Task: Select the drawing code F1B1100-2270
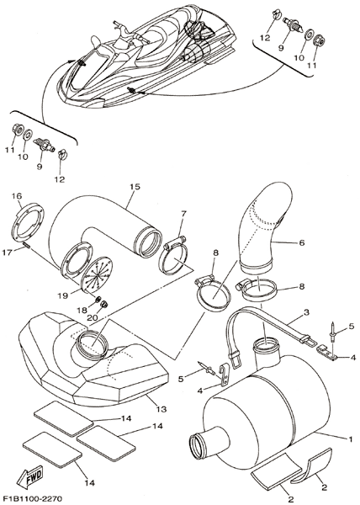click(x=31, y=498)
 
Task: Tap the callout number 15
click(x=135, y=187)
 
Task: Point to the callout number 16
click(x=17, y=196)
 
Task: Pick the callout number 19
click(x=62, y=295)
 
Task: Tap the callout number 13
click(x=161, y=409)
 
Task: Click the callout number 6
click(x=301, y=242)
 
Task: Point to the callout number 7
click(x=183, y=214)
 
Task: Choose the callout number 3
click(x=306, y=312)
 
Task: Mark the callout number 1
click(x=351, y=439)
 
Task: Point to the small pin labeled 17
click(x=27, y=247)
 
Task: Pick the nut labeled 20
click(x=104, y=303)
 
